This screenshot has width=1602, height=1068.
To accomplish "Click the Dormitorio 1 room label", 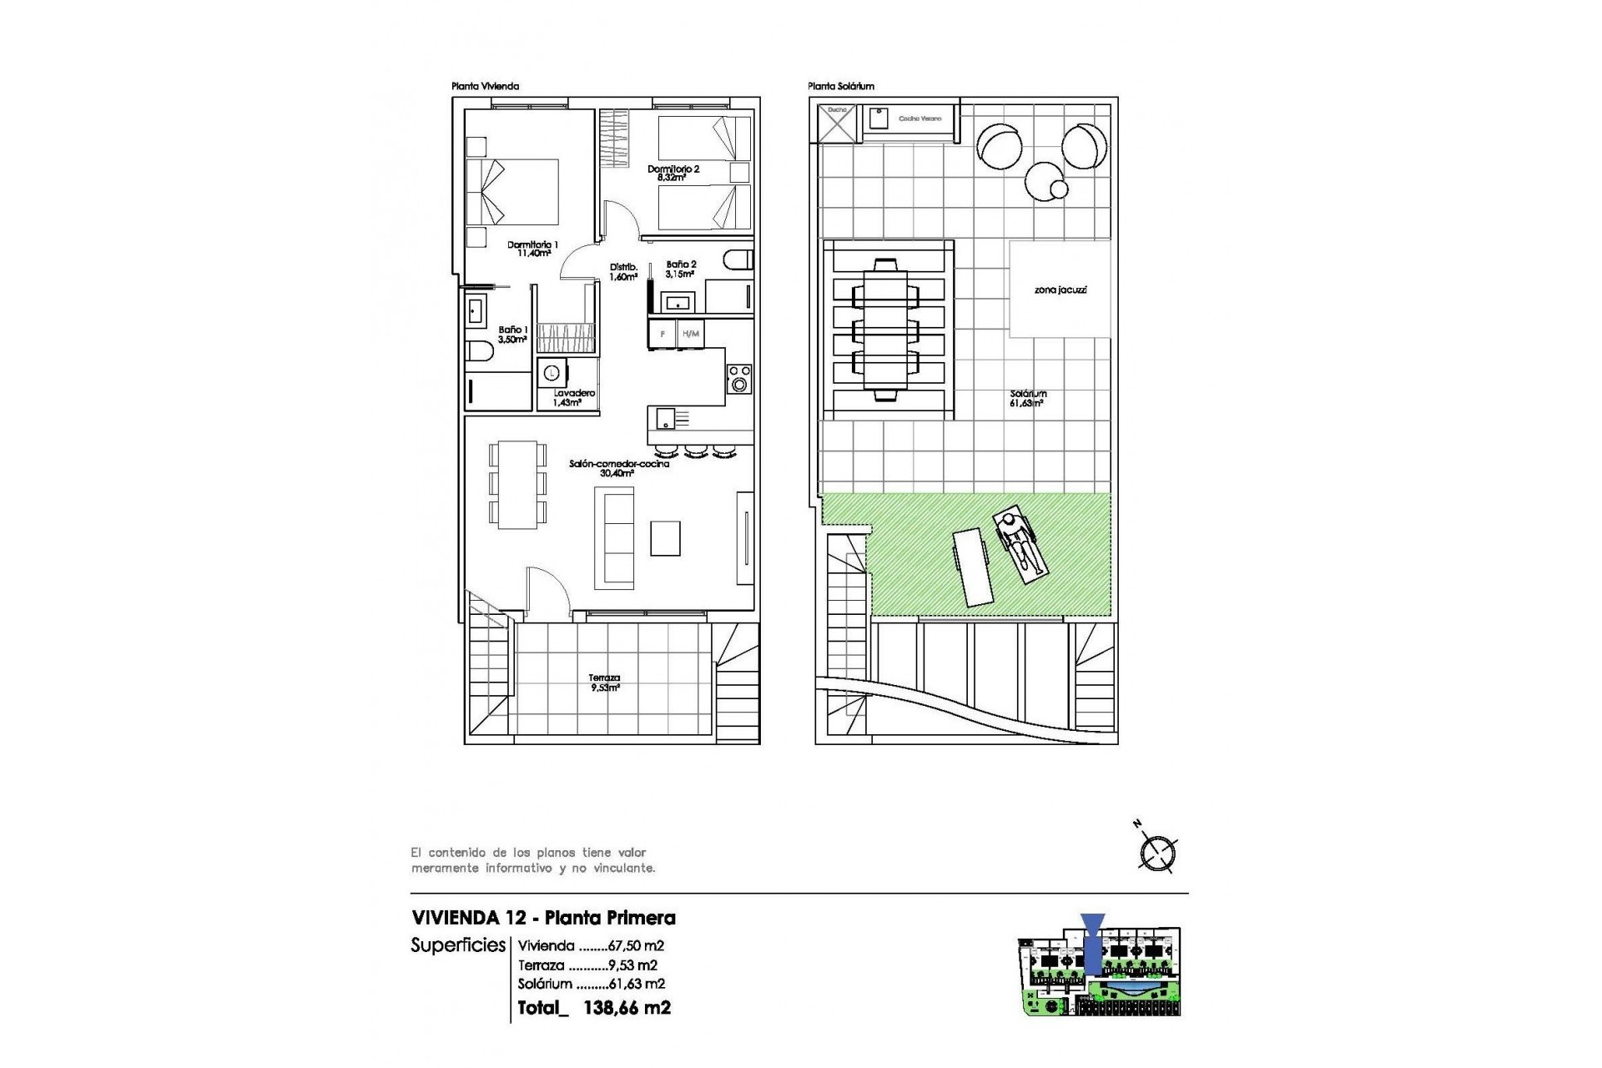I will pos(532,249).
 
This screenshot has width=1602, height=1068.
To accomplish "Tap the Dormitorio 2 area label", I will pos(673,173).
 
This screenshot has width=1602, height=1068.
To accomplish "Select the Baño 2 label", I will pos(681,269).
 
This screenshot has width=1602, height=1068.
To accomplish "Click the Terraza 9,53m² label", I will pos(605,683).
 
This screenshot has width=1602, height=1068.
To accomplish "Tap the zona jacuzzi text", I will pos(1060,290).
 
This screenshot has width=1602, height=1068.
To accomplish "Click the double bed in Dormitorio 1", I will pos(511,192).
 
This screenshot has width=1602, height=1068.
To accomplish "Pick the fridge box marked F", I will pos(662,334).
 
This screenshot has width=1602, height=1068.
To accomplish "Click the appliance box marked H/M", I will pos(690,334).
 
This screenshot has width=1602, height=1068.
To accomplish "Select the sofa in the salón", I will pos(614,538).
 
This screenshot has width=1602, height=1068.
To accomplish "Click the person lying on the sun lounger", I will pos(1018,547).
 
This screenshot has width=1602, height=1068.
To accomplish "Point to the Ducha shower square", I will pos(837,123).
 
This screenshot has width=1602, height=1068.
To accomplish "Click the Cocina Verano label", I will pos(919,118).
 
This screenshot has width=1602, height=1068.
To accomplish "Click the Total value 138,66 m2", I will pos(627,1008).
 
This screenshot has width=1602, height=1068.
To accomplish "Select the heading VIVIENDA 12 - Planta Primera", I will pos(543,918).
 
